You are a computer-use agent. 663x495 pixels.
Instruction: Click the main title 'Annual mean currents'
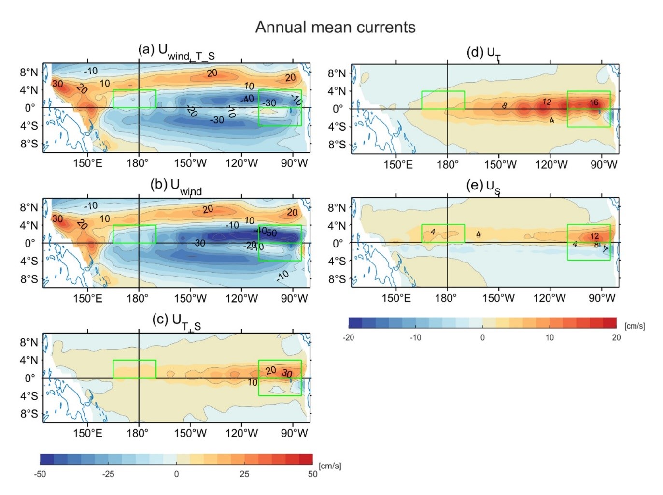[x=335, y=27]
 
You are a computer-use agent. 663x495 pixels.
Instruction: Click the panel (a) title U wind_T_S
[x=176, y=51]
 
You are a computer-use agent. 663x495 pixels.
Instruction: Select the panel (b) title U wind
[x=176, y=186]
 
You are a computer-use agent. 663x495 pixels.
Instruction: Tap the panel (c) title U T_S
[x=176, y=321]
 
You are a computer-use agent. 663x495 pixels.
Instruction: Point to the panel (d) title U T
[x=483, y=53]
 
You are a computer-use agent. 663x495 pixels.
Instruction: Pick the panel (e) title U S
[x=483, y=187]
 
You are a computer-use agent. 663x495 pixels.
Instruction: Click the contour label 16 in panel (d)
[x=594, y=102]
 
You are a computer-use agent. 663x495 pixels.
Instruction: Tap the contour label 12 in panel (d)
[x=547, y=102]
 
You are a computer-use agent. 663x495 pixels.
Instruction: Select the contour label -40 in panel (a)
[x=247, y=99]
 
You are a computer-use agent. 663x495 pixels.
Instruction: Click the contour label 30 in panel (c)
[x=287, y=373]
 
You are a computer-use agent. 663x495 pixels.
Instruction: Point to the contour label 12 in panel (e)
[x=594, y=236]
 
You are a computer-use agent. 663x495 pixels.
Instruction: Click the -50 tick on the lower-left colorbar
[x=40, y=474]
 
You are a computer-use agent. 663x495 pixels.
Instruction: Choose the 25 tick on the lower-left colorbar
[x=244, y=474]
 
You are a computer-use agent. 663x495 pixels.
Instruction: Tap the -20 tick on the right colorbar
[x=348, y=337]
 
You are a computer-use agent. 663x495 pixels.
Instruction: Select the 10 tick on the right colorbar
[x=550, y=337]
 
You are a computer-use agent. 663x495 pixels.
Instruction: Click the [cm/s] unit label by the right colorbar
[x=635, y=326]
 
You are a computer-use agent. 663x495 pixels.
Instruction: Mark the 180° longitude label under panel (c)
[x=138, y=433]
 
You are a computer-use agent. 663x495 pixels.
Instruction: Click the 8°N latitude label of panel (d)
[x=337, y=73]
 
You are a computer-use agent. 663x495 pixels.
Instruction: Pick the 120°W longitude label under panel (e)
[x=549, y=298]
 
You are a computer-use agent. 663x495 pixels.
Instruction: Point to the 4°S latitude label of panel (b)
[x=29, y=261]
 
